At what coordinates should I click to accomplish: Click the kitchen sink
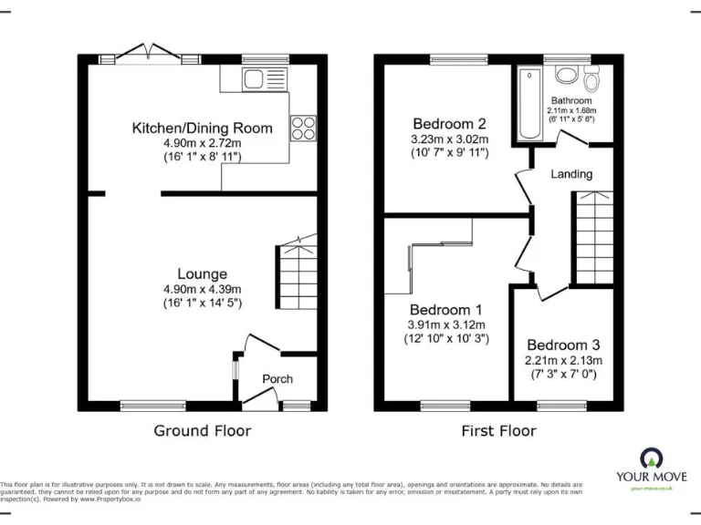tap(255, 79)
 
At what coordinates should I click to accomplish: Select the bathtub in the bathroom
tap(529, 103)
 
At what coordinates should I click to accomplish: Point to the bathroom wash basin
tap(566, 76)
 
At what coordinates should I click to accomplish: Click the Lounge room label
tap(202, 273)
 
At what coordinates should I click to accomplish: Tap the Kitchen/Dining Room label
tap(202, 129)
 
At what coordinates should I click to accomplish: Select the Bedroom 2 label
tap(449, 124)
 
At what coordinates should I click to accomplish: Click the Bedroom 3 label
tap(563, 345)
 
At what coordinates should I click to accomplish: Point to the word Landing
tap(571, 173)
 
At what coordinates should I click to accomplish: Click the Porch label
tap(277, 378)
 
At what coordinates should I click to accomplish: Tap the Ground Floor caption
tap(202, 430)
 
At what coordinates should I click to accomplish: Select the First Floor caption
tap(498, 430)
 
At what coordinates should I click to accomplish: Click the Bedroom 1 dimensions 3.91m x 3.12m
tap(447, 324)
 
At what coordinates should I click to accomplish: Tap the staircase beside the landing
tap(591, 232)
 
